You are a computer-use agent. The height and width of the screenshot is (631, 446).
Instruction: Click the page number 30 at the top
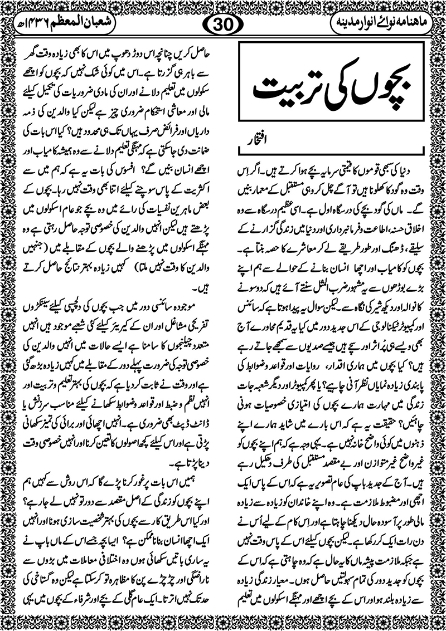pyautogui.click(x=223, y=25)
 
